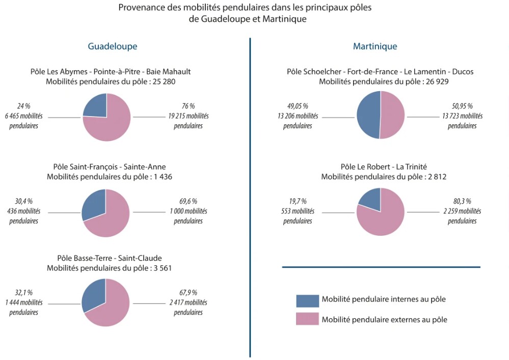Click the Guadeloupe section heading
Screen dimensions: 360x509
coord(112,46)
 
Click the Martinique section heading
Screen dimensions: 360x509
coord(375,46)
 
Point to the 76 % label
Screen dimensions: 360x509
coord(188,106)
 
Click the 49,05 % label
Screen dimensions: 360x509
coord(297,106)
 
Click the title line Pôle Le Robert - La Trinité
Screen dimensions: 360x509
coord(384,167)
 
